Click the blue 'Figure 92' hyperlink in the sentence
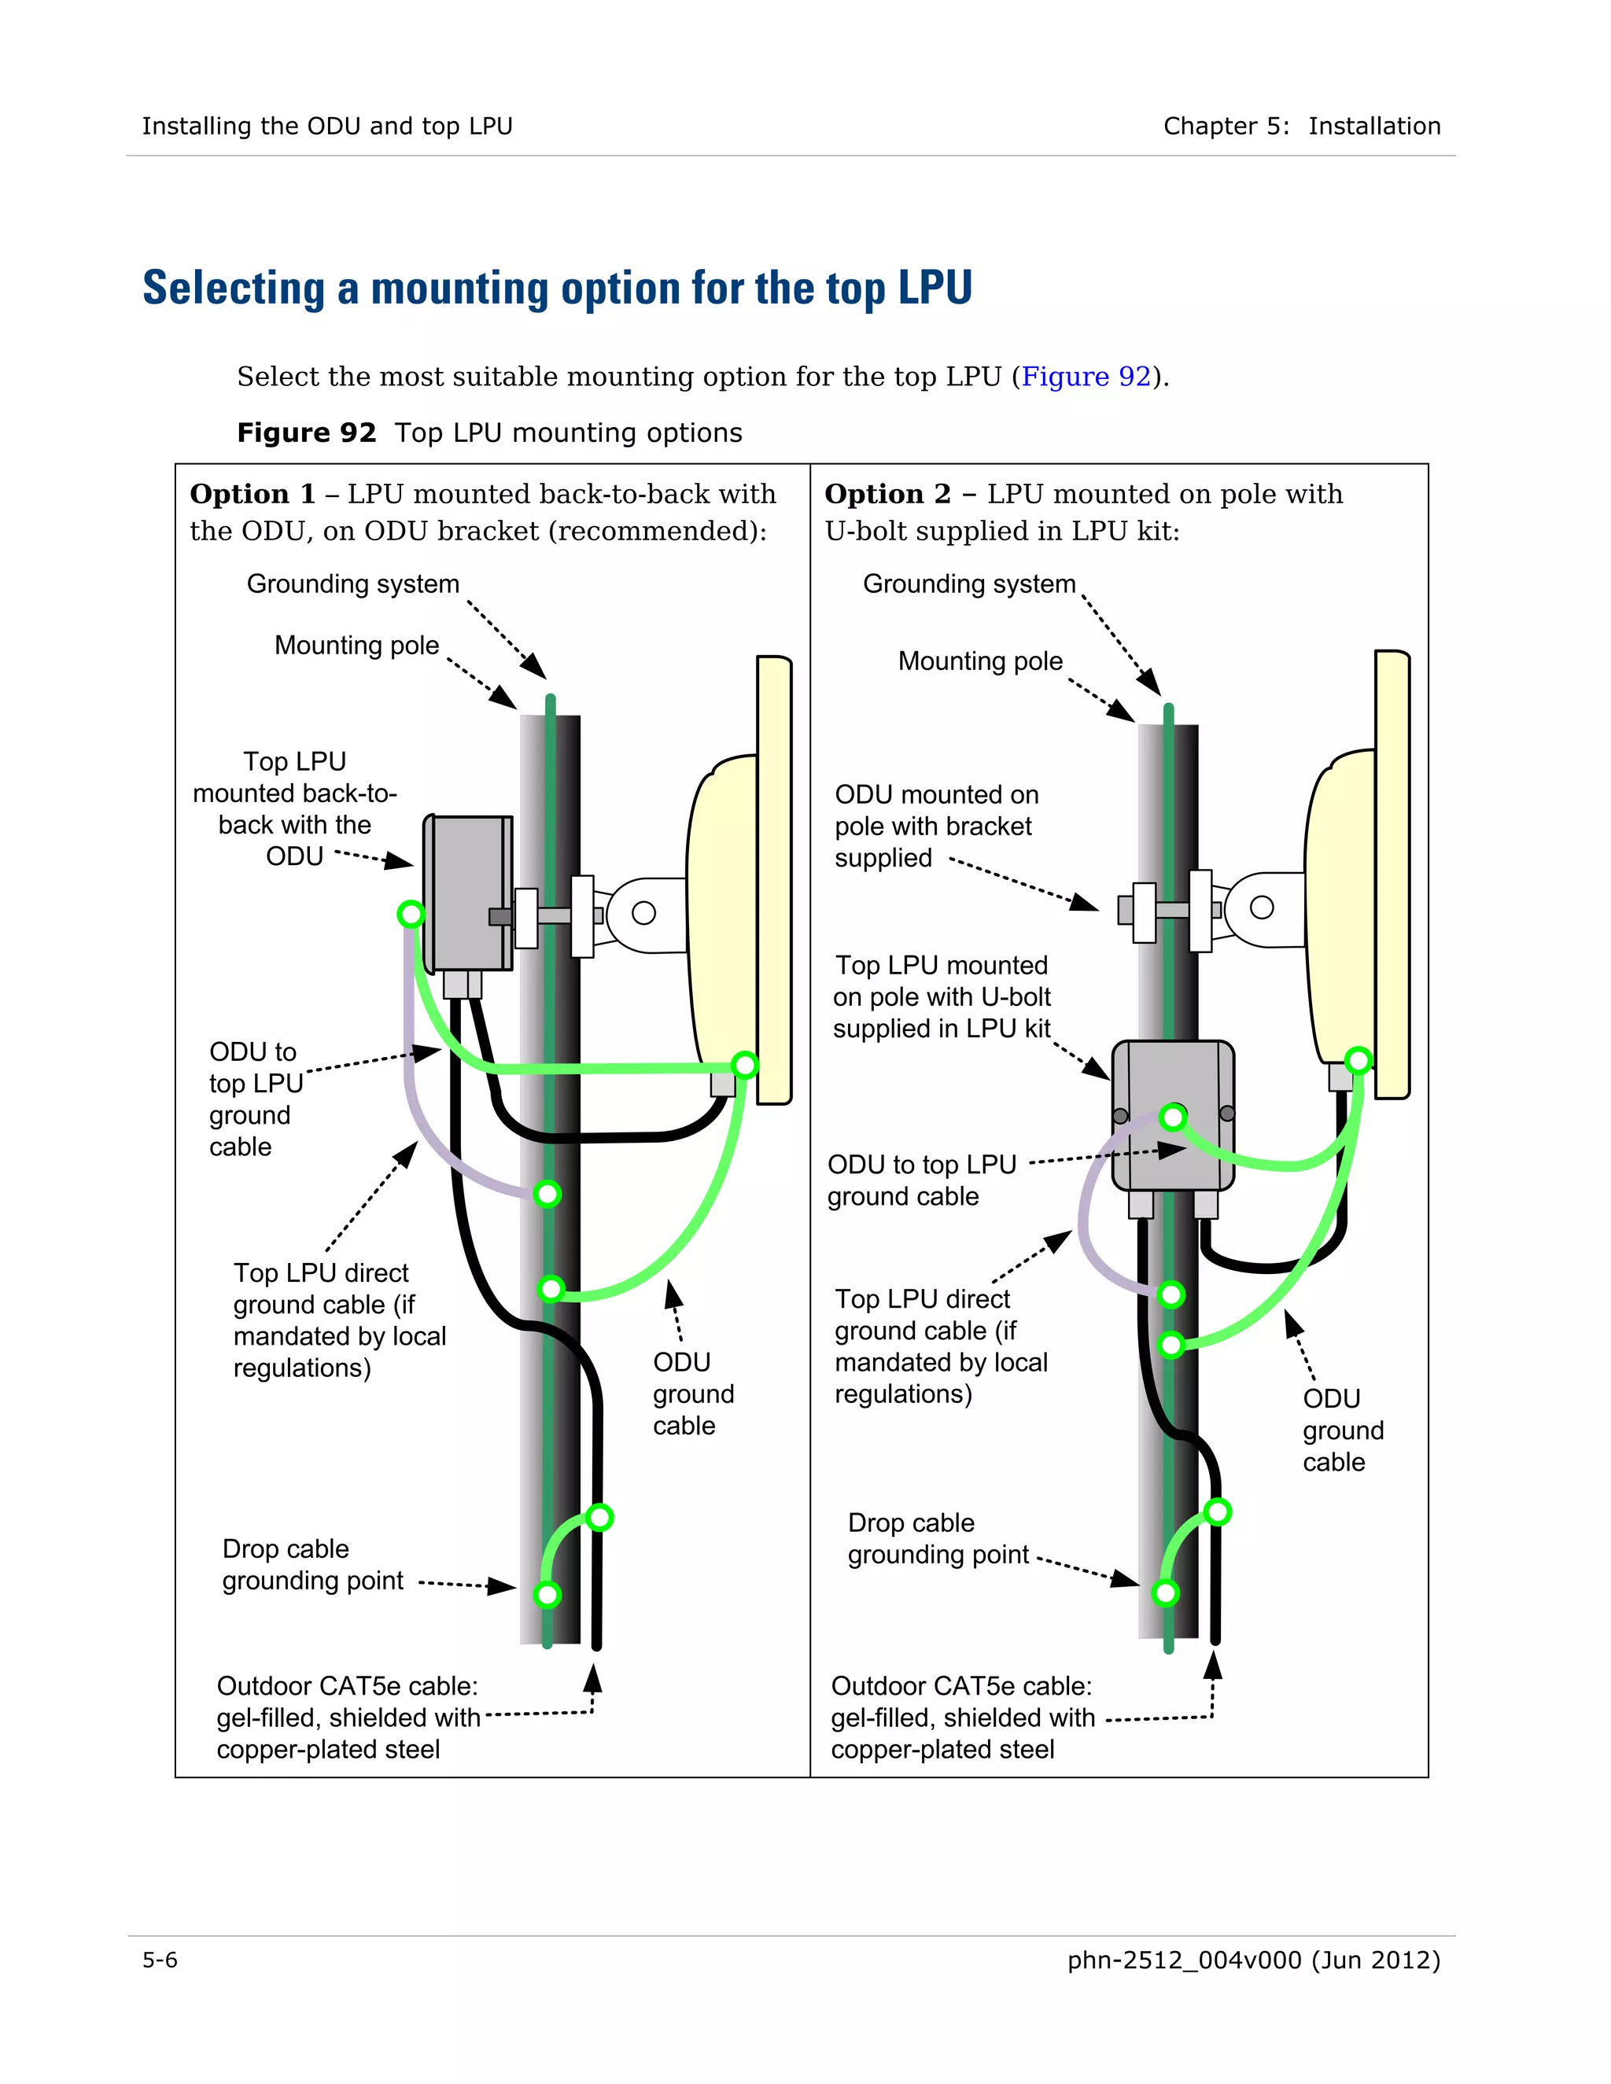[x=1085, y=376]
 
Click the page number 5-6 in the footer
[x=160, y=1960]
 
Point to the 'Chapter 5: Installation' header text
[x=1301, y=126]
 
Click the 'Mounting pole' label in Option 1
[x=356, y=646]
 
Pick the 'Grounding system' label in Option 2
[x=968, y=584]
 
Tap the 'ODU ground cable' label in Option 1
[x=693, y=1394]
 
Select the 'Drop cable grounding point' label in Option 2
[x=937, y=1539]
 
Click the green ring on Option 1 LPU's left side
[x=411, y=914]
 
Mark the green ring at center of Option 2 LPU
[x=1173, y=1117]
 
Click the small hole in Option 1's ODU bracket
[x=644, y=913]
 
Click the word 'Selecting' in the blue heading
[x=234, y=287]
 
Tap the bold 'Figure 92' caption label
[x=306, y=433]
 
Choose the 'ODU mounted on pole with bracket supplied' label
[x=935, y=827]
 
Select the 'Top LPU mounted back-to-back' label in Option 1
[x=294, y=808]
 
